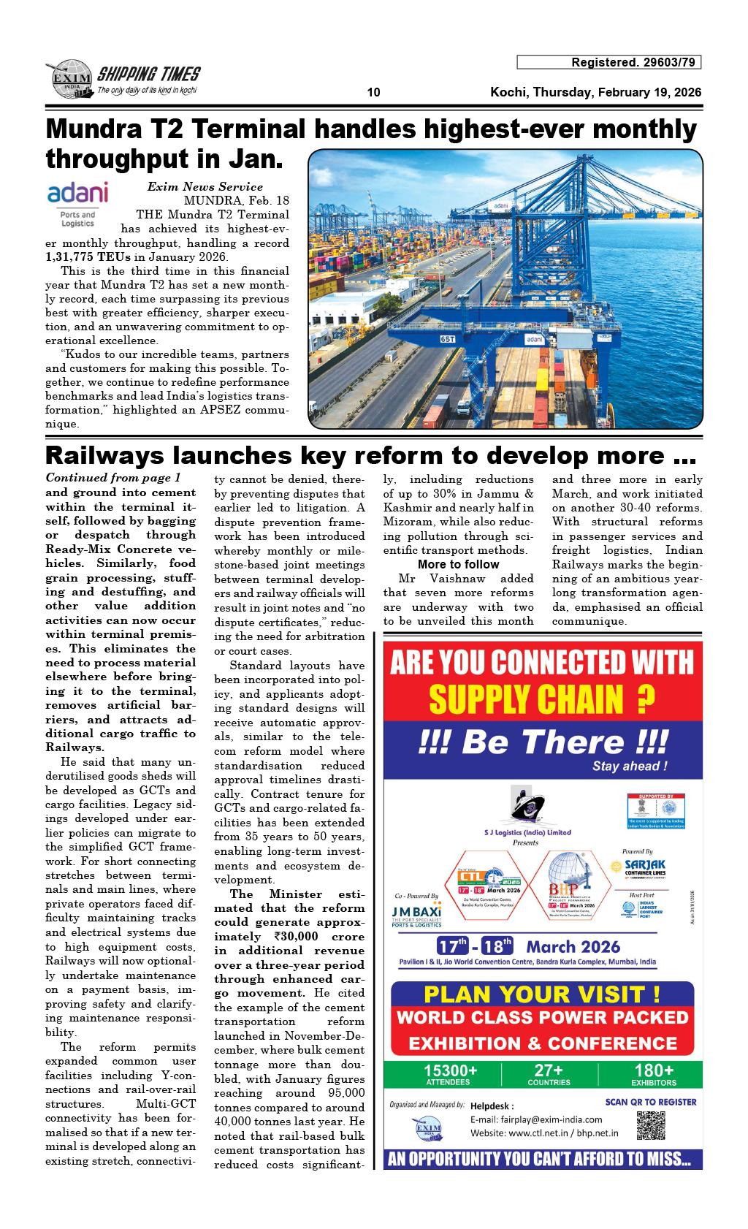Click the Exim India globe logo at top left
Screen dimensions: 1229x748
[x=71, y=79]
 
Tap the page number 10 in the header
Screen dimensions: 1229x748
[x=374, y=93]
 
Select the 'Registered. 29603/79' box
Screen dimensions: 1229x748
[x=608, y=63]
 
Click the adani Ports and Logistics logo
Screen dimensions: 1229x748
[x=77, y=204]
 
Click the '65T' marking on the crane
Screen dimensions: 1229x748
[x=447, y=339]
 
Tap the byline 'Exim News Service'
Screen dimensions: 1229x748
[x=205, y=187]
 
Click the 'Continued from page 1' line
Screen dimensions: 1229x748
[x=112, y=479]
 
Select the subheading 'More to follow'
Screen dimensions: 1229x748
[x=458, y=565]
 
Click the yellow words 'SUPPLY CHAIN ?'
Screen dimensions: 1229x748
[x=541, y=700]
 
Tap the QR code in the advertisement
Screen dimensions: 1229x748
[x=651, y=1126]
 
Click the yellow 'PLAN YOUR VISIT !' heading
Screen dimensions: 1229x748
[x=542, y=994]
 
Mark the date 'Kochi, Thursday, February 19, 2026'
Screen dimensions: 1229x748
[x=595, y=93]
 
